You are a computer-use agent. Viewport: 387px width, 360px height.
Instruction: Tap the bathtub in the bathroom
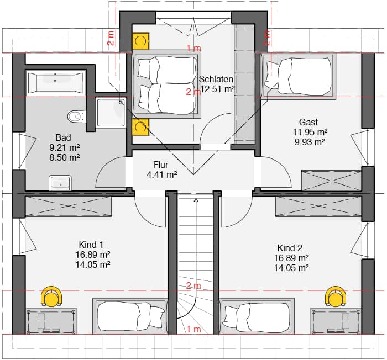coord(55,82)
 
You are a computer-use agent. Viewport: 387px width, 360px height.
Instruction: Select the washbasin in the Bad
coord(60,182)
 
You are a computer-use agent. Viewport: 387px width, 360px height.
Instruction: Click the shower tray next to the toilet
coord(111,113)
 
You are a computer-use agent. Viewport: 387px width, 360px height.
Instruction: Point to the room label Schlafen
coord(216,79)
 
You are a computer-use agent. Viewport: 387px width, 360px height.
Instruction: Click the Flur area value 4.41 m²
coord(162,175)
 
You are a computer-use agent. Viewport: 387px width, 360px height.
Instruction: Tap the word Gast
coord(308,122)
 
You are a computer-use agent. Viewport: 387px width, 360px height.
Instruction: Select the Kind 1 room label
coord(91,245)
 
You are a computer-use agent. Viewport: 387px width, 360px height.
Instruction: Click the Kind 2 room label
coord(290,248)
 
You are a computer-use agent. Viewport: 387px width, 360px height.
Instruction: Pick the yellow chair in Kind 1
coord(51,296)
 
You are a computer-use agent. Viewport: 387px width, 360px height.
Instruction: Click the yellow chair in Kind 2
coord(336,296)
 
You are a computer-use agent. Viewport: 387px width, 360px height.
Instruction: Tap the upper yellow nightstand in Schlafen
coord(140,41)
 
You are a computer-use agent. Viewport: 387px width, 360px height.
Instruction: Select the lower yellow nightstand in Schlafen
coord(140,127)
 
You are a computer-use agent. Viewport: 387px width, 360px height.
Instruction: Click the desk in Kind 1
coord(51,321)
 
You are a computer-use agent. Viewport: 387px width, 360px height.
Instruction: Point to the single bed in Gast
coord(299,75)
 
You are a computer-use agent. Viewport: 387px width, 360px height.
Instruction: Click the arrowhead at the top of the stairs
coord(196,200)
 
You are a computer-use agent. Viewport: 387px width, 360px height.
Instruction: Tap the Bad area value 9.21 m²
coord(65,147)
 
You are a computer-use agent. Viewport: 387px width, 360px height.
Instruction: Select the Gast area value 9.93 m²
coord(310,142)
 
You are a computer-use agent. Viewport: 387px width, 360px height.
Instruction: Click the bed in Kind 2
coord(257,316)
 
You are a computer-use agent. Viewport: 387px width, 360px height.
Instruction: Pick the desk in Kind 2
coord(336,321)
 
